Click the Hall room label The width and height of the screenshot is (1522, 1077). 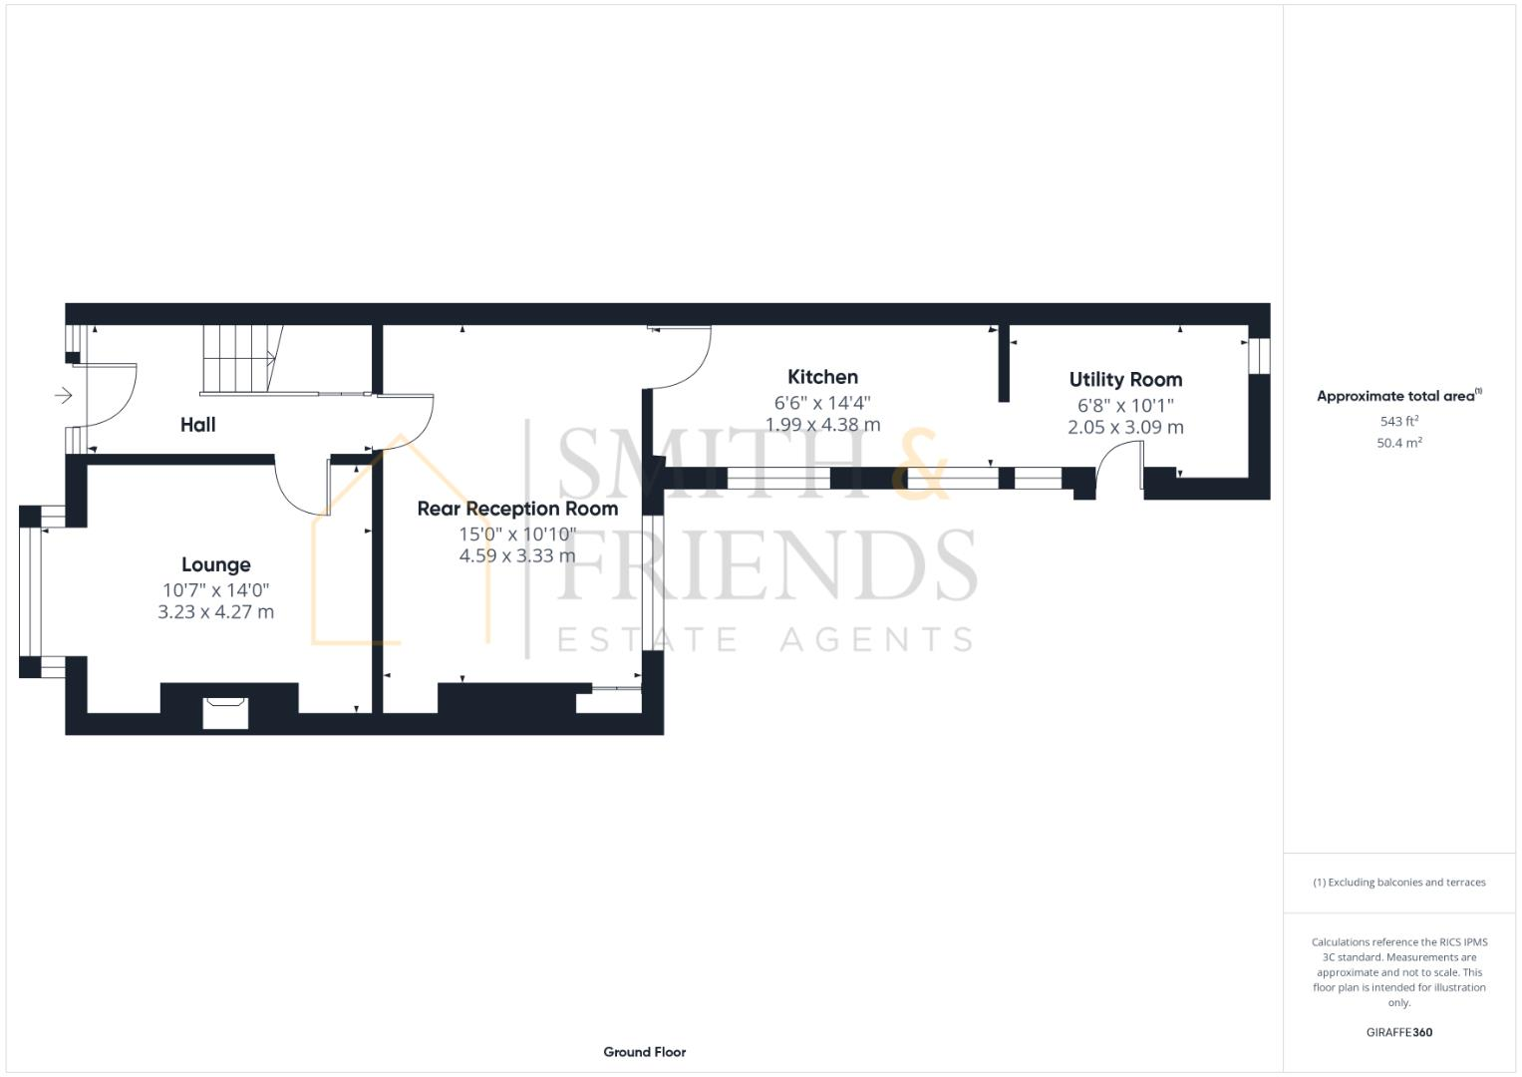197,425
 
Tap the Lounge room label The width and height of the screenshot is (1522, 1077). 215,565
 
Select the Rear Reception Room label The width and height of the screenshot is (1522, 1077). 517,509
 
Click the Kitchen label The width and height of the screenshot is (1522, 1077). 822,377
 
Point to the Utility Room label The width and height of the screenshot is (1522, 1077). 1125,380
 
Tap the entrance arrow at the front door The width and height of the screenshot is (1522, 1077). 64,396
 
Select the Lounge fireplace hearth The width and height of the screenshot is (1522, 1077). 225,714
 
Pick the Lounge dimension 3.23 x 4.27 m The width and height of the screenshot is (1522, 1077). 215,612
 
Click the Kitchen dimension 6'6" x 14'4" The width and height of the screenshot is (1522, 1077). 822,403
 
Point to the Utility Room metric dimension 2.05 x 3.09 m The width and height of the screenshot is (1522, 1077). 1125,428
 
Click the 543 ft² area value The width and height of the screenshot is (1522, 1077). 1398,422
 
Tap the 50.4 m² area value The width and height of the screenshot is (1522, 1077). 1398,444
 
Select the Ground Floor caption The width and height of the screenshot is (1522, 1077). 644,1052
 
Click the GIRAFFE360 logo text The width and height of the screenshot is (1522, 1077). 1398,1033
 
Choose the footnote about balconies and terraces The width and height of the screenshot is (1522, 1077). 1398,883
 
